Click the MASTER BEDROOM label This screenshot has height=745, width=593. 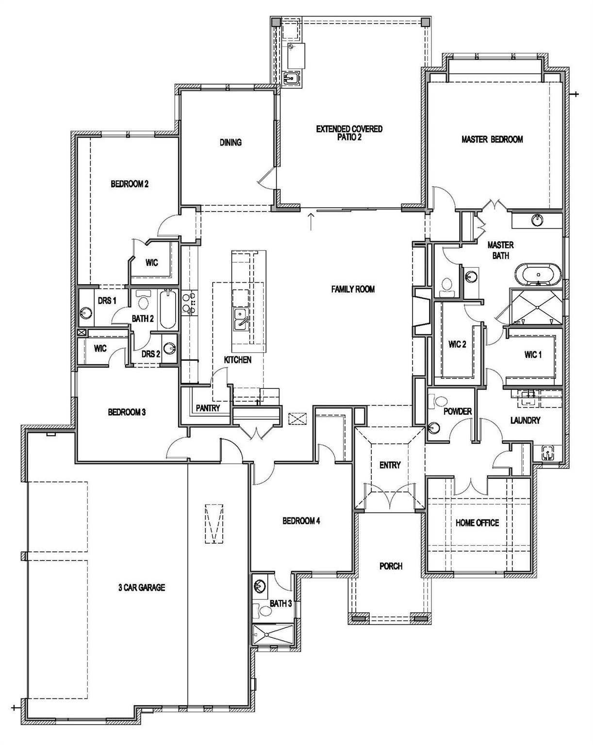492,140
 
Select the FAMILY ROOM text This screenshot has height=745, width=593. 353,290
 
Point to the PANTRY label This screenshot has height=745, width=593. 208,408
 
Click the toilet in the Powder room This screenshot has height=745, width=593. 441,402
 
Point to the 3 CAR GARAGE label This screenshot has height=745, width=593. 142,588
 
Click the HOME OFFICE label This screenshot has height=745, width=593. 477,523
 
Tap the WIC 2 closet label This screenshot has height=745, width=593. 457,344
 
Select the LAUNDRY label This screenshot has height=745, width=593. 525,421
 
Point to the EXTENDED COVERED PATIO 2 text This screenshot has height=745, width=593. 349,133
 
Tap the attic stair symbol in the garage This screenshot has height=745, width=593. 214,524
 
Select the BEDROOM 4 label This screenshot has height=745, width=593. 301,521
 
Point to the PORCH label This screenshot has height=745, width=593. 391,566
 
